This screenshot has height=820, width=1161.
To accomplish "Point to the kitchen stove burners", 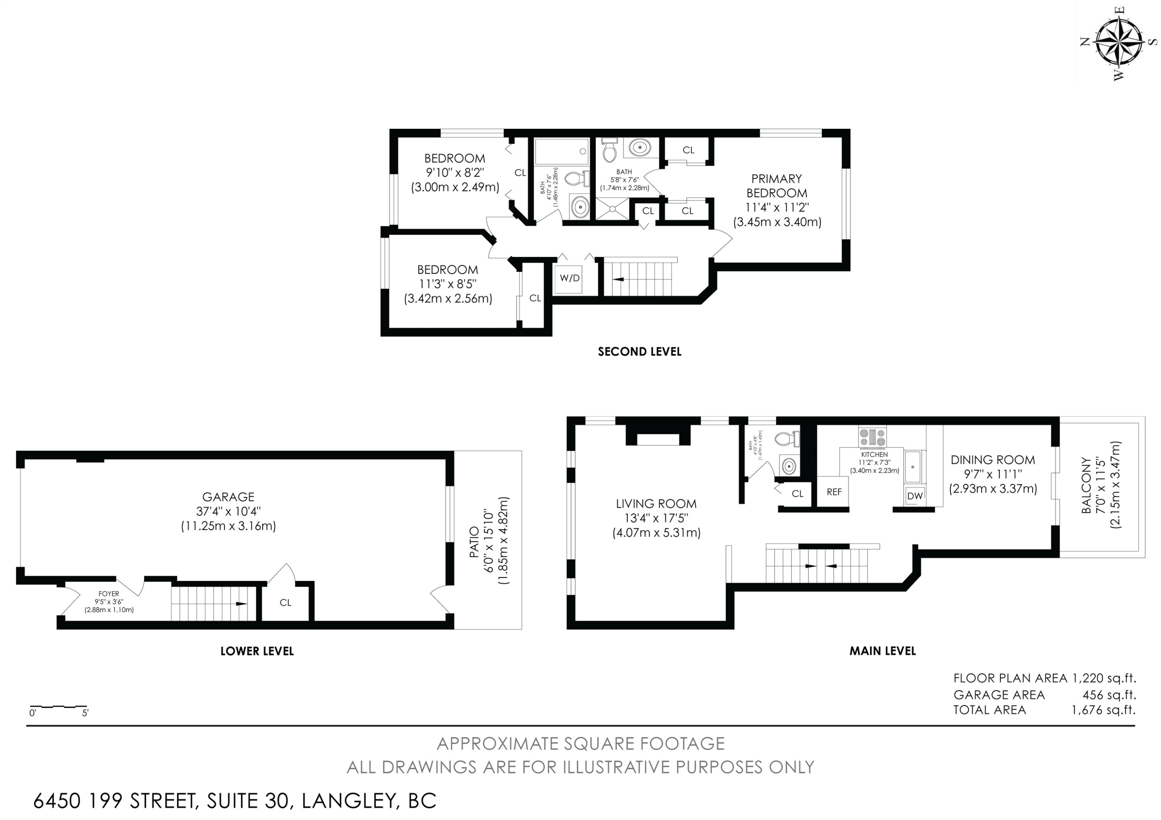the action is tap(872, 437).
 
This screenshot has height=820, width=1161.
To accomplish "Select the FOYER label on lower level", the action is tap(109, 594).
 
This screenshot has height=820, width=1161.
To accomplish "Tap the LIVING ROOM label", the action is tap(656, 504).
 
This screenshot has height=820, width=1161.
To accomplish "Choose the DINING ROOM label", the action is tap(993, 460).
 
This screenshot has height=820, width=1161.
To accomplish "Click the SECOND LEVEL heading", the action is tap(640, 352).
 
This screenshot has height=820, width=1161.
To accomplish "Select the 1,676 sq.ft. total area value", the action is tap(1103, 710).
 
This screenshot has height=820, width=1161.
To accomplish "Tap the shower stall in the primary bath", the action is tap(612, 208).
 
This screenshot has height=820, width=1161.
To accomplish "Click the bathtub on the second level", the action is tap(561, 151).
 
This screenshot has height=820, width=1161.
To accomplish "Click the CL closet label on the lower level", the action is tap(285, 602).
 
